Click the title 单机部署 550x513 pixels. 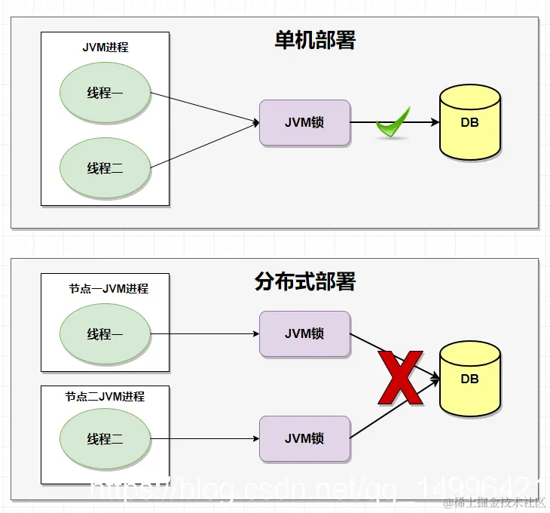point(315,41)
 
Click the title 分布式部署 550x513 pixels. point(305,282)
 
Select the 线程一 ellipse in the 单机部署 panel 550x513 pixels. point(105,93)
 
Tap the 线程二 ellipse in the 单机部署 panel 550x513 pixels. point(105,167)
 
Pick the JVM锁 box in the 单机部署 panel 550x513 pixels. point(304,122)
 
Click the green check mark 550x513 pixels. point(393,123)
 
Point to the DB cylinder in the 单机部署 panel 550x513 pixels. point(469,122)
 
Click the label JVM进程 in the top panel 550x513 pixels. point(105,48)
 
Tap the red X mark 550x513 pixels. point(399,377)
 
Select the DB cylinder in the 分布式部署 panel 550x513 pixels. point(469,378)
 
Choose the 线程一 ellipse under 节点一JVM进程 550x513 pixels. point(105,334)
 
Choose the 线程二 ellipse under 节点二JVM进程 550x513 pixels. point(105,439)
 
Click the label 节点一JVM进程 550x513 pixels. point(108,289)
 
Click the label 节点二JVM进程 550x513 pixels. point(105,396)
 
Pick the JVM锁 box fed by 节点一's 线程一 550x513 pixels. point(304,333)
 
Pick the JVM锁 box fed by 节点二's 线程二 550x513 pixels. point(304,438)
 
